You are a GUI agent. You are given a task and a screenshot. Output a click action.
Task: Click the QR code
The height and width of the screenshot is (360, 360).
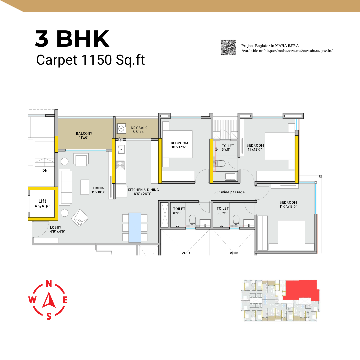(x=228, y=48)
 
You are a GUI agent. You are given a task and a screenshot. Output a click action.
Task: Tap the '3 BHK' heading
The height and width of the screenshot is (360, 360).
(x=72, y=39)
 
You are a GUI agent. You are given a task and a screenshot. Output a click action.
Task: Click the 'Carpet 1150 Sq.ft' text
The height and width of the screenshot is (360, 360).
(x=90, y=60)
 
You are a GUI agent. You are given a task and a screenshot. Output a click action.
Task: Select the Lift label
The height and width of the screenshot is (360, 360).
(x=42, y=204)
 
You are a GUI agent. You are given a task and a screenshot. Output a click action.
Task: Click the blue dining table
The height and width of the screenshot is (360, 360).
(x=135, y=228)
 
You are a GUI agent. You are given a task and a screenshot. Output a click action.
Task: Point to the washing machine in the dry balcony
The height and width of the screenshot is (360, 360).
(x=121, y=128)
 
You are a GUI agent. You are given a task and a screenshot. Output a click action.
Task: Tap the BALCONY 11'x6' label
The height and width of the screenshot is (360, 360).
(x=84, y=135)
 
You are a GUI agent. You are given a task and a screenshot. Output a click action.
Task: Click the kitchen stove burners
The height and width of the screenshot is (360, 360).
(x=120, y=165)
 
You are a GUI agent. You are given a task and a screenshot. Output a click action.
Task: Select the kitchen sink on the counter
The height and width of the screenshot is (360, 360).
(x=121, y=149)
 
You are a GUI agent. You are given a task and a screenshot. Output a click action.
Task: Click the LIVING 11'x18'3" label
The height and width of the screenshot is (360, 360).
(x=98, y=190)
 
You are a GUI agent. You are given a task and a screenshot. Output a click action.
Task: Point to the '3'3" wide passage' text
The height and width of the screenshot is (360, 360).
(x=229, y=192)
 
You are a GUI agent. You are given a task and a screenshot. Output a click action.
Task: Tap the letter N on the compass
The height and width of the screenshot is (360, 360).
(x=49, y=284)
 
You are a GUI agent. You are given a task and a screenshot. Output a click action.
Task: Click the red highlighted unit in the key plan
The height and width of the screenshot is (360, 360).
(x=301, y=290)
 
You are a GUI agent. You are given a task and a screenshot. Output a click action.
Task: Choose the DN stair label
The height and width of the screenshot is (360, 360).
(x=45, y=170)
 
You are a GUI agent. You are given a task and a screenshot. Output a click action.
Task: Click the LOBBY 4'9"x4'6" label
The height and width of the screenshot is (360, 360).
(x=57, y=229)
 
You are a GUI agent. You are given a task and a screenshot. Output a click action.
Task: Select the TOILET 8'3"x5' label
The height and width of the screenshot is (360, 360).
(x=222, y=211)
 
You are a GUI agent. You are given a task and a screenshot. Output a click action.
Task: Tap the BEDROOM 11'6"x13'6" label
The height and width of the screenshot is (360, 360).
(x=288, y=204)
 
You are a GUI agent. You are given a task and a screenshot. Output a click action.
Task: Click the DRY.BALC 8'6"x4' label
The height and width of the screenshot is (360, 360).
(x=139, y=130)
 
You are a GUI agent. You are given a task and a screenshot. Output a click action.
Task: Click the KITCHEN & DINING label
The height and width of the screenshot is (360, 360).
(x=143, y=192)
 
